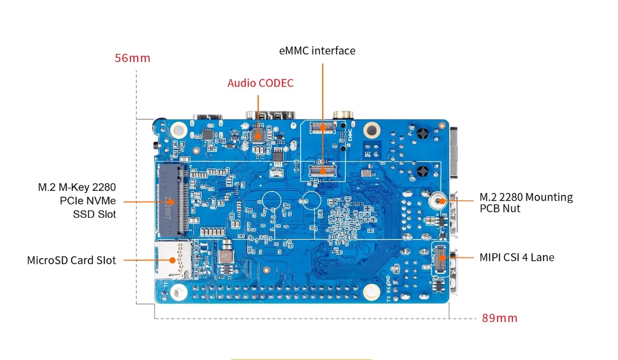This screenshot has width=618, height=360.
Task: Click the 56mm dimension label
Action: coord(132,58)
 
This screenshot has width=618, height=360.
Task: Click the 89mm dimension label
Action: coord(499,318)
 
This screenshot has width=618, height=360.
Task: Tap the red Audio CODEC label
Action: coord(260,83)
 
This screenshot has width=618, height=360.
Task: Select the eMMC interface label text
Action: coord(317,51)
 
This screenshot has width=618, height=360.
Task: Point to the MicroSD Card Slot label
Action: coord(71,260)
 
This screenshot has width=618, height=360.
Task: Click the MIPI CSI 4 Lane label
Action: coord(517,257)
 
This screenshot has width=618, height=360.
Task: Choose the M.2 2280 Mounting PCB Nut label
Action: coord(526,202)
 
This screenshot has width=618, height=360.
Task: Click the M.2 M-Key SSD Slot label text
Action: coord(77,201)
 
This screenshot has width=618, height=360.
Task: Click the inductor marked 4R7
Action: coord(226,257)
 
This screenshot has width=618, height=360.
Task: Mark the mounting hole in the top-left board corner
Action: coord(178,130)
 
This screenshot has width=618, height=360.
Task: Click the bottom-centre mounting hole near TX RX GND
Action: coord(371,291)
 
